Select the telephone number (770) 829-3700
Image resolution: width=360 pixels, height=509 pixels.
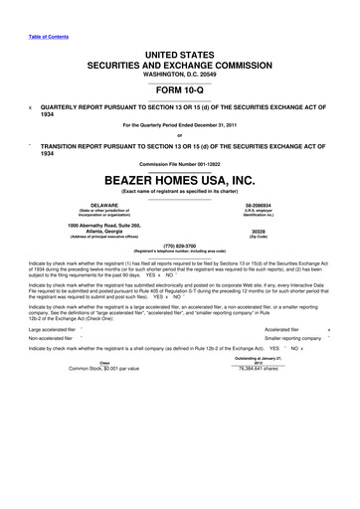(179, 245)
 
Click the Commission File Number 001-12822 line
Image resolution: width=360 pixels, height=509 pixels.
(179, 160)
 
